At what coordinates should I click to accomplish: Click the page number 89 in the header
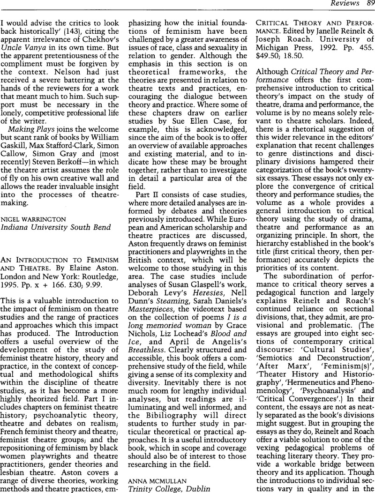click(367, 4)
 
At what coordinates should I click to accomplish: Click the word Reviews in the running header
click(345, 4)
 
